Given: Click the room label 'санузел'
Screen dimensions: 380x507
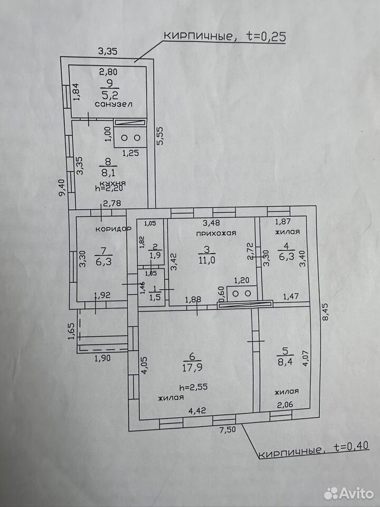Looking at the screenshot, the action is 113,104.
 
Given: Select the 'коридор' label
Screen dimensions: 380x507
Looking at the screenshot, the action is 113,228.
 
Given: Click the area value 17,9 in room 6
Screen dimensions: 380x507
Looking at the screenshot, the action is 192,368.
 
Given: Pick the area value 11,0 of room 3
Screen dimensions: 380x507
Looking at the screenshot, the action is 207,260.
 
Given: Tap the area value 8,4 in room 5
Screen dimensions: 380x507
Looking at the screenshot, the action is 286,361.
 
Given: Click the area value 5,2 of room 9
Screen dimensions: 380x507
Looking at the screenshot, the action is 110,95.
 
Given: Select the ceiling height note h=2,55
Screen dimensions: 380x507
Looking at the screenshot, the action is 193,387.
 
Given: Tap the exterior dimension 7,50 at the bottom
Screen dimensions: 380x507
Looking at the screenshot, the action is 227,430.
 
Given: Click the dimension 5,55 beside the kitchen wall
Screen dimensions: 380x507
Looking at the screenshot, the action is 160,136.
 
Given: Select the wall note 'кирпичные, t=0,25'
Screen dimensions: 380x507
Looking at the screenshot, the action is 225,36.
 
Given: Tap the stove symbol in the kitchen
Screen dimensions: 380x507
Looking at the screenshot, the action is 130,138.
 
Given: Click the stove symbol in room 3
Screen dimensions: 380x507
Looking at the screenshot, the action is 242,293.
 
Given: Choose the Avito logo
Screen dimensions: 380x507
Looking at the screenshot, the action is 349,493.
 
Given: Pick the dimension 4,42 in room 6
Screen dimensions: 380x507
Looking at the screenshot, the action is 197,410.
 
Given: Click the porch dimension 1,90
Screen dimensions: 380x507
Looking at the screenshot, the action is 102,358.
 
